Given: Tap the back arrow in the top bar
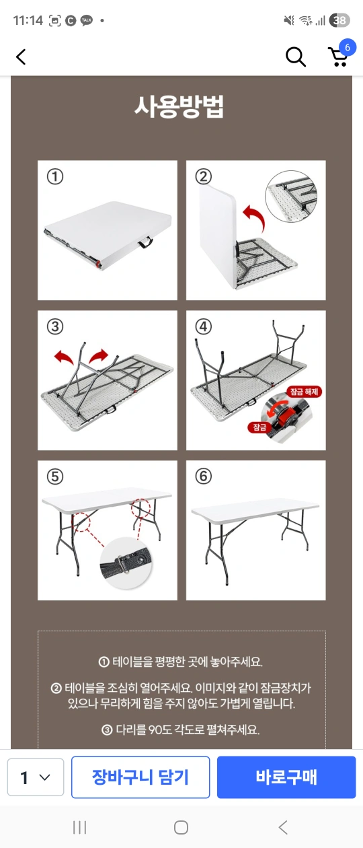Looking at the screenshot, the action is click(22, 57).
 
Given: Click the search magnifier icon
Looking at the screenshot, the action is click(295, 57).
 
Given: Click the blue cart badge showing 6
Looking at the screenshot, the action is click(347, 47).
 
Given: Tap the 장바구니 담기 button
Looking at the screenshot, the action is click(140, 777).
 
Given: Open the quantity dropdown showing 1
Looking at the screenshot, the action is click(36, 777).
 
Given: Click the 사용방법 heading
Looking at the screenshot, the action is click(179, 107).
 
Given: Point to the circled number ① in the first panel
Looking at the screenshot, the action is click(55, 176).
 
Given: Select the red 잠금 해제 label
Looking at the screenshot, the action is click(304, 392).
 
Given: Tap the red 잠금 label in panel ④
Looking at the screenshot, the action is click(259, 427).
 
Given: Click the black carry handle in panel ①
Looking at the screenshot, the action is click(145, 242).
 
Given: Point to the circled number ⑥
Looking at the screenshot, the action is click(204, 476).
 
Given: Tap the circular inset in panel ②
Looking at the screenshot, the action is click(291, 196).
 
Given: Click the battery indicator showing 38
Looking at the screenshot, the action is click(339, 20).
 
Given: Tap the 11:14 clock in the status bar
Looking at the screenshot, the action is click(28, 20).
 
